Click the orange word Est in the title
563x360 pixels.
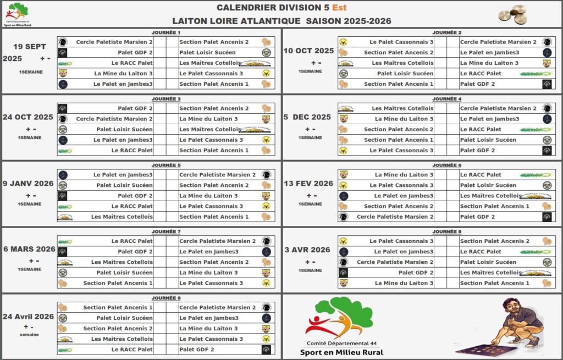(x=339, y=8)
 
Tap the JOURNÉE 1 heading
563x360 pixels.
(x=166, y=32)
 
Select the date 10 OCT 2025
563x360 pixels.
(x=308, y=51)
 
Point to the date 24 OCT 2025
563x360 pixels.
(x=27, y=117)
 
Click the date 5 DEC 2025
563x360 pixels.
(x=307, y=117)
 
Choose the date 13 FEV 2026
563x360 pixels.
(x=308, y=184)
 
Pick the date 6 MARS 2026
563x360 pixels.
(x=29, y=249)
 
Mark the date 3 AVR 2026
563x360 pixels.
(x=307, y=250)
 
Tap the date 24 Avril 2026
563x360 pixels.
(x=28, y=317)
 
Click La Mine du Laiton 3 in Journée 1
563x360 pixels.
(x=123, y=74)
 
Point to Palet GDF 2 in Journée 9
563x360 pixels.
(x=197, y=350)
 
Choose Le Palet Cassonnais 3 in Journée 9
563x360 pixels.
(x=211, y=339)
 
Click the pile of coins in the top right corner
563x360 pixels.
(x=512, y=13)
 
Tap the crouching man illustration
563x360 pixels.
(x=514, y=324)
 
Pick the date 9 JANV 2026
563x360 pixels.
(x=28, y=184)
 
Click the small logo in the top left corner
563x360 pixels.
(x=17, y=14)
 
